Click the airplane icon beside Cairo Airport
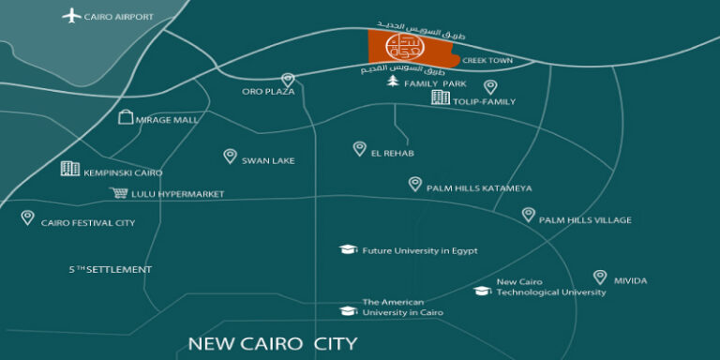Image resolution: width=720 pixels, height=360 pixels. coord(72,15)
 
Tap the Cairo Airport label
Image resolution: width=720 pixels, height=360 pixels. coord(119,17)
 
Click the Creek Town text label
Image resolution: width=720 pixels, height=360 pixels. coord(486,60)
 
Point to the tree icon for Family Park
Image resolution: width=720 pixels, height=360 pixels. coord(394,82)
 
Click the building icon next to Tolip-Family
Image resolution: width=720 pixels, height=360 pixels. coord(439,97)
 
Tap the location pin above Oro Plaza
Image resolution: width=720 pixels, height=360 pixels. coord(288,80)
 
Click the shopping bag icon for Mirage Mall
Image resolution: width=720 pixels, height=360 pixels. coord(126,117)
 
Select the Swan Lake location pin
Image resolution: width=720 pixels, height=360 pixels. coord(230,156)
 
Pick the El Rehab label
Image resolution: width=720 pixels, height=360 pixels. coord(392,153)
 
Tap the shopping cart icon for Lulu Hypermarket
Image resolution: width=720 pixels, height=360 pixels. coord(119,193)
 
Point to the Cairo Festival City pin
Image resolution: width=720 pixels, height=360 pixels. coord(28,217)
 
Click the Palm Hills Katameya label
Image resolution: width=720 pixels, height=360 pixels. coord(479,188)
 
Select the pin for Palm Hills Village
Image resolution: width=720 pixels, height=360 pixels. coord(529,215)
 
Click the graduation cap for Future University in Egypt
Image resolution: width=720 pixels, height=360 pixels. coord(348,249)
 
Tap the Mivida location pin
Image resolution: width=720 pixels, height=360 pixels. coord(600,277)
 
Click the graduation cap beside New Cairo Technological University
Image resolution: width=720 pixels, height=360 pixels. coord(483,290)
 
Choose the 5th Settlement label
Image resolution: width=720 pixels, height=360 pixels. coord(110,270)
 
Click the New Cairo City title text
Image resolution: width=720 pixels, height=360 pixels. coord(273,343)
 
